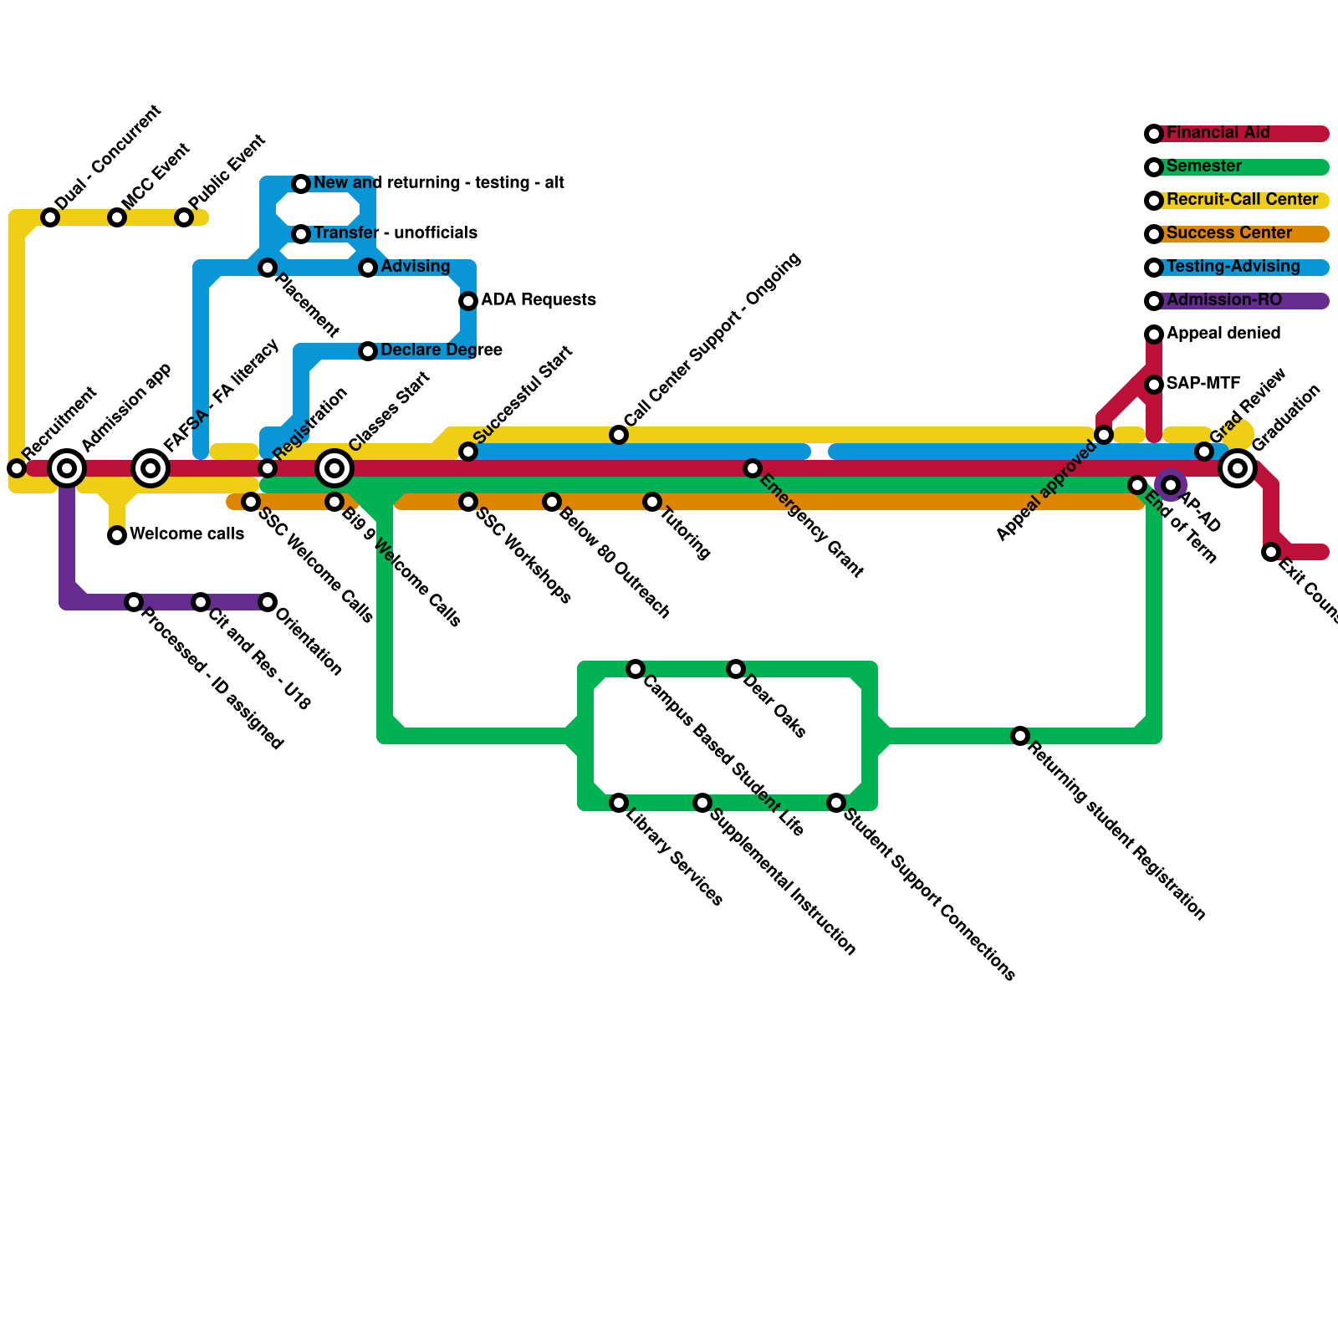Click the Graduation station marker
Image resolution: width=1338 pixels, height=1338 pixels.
pyautogui.click(x=1238, y=468)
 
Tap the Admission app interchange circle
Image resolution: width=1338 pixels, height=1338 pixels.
pyautogui.click(x=67, y=468)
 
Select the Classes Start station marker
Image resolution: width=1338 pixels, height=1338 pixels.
pyautogui.click(x=334, y=468)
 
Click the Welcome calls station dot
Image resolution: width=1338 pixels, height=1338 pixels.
pyautogui.click(x=117, y=535)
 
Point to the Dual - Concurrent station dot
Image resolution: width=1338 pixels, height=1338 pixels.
pyautogui.click(x=50, y=217)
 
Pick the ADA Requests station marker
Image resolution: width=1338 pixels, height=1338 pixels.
pyautogui.click(x=468, y=301)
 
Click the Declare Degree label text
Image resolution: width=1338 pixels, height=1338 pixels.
pyautogui.click(x=441, y=350)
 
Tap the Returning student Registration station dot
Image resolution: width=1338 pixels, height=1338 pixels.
pyautogui.click(x=1020, y=736)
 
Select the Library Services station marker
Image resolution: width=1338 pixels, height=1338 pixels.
pyautogui.click(x=619, y=803)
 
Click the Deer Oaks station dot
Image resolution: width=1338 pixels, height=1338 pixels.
pyautogui.click(x=736, y=669)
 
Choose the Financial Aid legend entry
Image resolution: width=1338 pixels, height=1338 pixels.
pyautogui.click(x=1218, y=133)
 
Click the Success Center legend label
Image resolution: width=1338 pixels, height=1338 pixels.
pyautogui.click(x=1228, y=233)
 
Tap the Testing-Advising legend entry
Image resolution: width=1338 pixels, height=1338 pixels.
pyautogui.click(x=1233, y=267)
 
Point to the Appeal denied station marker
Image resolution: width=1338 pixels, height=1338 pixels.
pyautogui.click(x=1154, y=334)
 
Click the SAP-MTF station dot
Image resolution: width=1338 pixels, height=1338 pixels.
pyautogui.click(x=1154, y=385)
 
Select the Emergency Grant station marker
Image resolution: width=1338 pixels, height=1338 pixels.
pyautogui.click(x=753, y=468)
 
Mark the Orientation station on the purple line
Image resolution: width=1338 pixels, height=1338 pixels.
pyautogui.click(x=268, y=602)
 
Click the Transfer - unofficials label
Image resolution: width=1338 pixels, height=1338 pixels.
pyautogui.click(x=395, y=233)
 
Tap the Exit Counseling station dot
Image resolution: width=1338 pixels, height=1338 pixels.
pyautogui.click(x=1271, y=552)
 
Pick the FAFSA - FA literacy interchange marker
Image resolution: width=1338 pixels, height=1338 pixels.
pyautogui.click(x=151, y=468)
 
